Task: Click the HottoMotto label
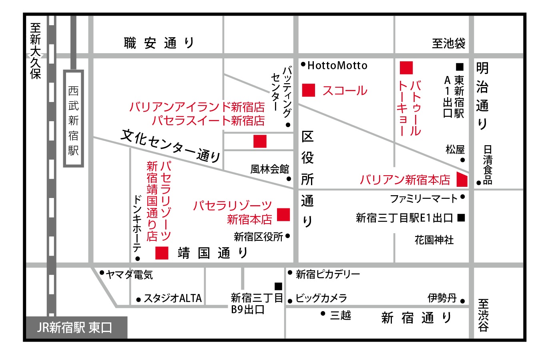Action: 337,66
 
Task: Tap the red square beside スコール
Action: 308,90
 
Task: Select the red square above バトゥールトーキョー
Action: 406,68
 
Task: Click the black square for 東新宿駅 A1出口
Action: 460,67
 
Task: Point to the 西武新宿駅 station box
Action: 73,118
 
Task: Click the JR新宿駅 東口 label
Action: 74,327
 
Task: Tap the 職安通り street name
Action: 159,43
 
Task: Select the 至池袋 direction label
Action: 449,43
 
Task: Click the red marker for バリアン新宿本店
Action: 462,179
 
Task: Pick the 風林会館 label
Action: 270,169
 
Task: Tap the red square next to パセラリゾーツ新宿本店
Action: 283,215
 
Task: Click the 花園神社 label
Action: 434,240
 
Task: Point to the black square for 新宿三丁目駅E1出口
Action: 461,218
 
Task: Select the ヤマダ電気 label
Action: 129,275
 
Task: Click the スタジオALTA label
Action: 173,298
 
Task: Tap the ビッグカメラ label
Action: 321,298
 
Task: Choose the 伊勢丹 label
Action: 442,298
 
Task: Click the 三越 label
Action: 341,315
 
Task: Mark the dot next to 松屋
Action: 463,160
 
